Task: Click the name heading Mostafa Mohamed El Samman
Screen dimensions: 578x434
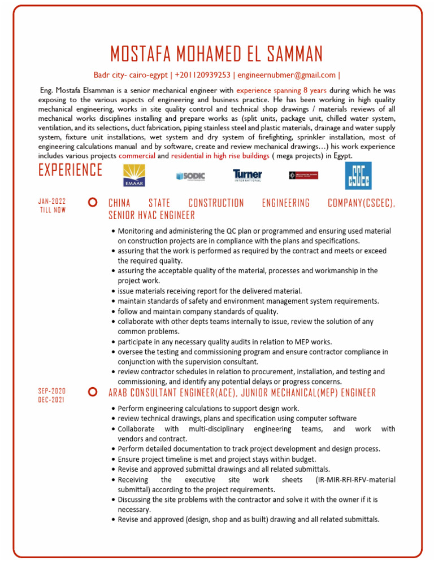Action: (x=216, y=54)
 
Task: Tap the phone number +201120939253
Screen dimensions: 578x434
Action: (x=202, y=75)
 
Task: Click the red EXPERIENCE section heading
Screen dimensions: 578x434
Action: (x=71, y=170)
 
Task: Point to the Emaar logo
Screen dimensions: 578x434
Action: (x=134, y=176)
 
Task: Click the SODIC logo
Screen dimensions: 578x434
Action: (x=190, y=176)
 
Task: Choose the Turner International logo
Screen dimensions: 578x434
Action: (x=248, y=176)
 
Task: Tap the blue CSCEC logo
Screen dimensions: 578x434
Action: (x=358, y=176)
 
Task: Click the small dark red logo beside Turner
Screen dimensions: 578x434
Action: (x=303, y=176)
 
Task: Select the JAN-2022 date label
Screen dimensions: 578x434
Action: (x=53, y=201)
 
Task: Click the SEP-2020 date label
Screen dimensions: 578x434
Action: (x=52, y=391)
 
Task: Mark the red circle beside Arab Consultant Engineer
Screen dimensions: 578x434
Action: (x=92, y=392)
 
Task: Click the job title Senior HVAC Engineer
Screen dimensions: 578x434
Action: (x=151, y=215)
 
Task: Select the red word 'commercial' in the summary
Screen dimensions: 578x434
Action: (x=137, y=155)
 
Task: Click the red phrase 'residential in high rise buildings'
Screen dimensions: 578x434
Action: (x=220, y=155)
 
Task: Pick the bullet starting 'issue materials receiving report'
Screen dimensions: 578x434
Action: (x=210, y=291)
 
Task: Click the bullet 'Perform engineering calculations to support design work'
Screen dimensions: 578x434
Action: (x=209, y=408)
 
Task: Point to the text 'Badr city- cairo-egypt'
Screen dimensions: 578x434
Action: (x=131, y=75)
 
